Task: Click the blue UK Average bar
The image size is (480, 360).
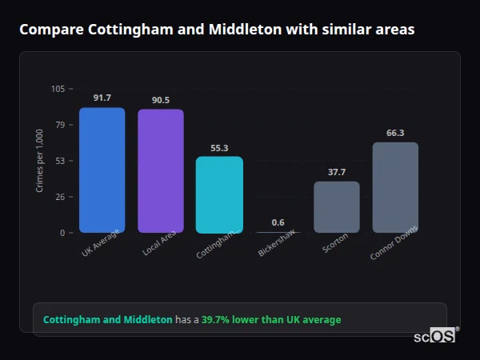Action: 102,170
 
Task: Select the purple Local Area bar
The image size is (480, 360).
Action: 160,171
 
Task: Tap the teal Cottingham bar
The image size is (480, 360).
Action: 219,194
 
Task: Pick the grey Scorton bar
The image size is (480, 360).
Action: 336,207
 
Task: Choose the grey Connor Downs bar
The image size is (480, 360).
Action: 395,188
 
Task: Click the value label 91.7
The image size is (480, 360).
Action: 102,98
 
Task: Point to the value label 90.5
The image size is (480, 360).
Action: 160,100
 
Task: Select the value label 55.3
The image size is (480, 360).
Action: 219,148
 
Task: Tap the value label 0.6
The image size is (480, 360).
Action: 278,222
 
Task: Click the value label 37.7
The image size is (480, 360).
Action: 336,172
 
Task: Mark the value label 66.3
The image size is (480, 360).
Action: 395,133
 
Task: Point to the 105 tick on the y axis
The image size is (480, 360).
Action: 58,89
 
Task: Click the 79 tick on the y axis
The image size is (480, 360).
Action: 61,125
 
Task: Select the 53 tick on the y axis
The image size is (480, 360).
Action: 61,161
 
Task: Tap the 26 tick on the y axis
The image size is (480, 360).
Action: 61,197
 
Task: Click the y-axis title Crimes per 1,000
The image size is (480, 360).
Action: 39,161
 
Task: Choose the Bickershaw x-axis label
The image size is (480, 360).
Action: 276,242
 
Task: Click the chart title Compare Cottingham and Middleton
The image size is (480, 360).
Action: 217,30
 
